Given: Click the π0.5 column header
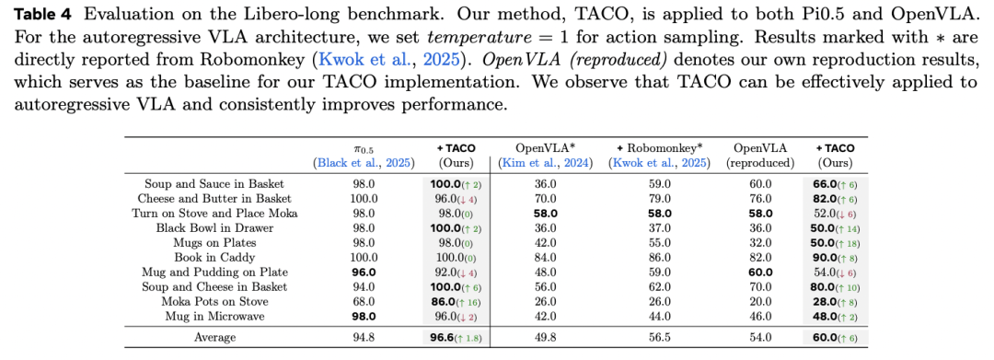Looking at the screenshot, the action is point(364,149).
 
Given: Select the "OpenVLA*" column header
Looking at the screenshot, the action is point(547,148).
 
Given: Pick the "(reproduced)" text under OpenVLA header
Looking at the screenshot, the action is point(760,164).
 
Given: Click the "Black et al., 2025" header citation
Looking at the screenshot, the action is point(364,164).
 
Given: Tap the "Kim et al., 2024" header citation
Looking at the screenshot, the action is point(547,164).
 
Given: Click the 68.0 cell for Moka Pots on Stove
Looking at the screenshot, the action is point(364,301).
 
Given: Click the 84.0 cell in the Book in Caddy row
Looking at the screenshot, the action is point(547,257).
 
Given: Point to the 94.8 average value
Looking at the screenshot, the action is point(364,337).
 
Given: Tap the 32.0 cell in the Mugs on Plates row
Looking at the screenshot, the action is point(760,242).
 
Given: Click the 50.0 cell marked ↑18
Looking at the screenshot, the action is point(835,242).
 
